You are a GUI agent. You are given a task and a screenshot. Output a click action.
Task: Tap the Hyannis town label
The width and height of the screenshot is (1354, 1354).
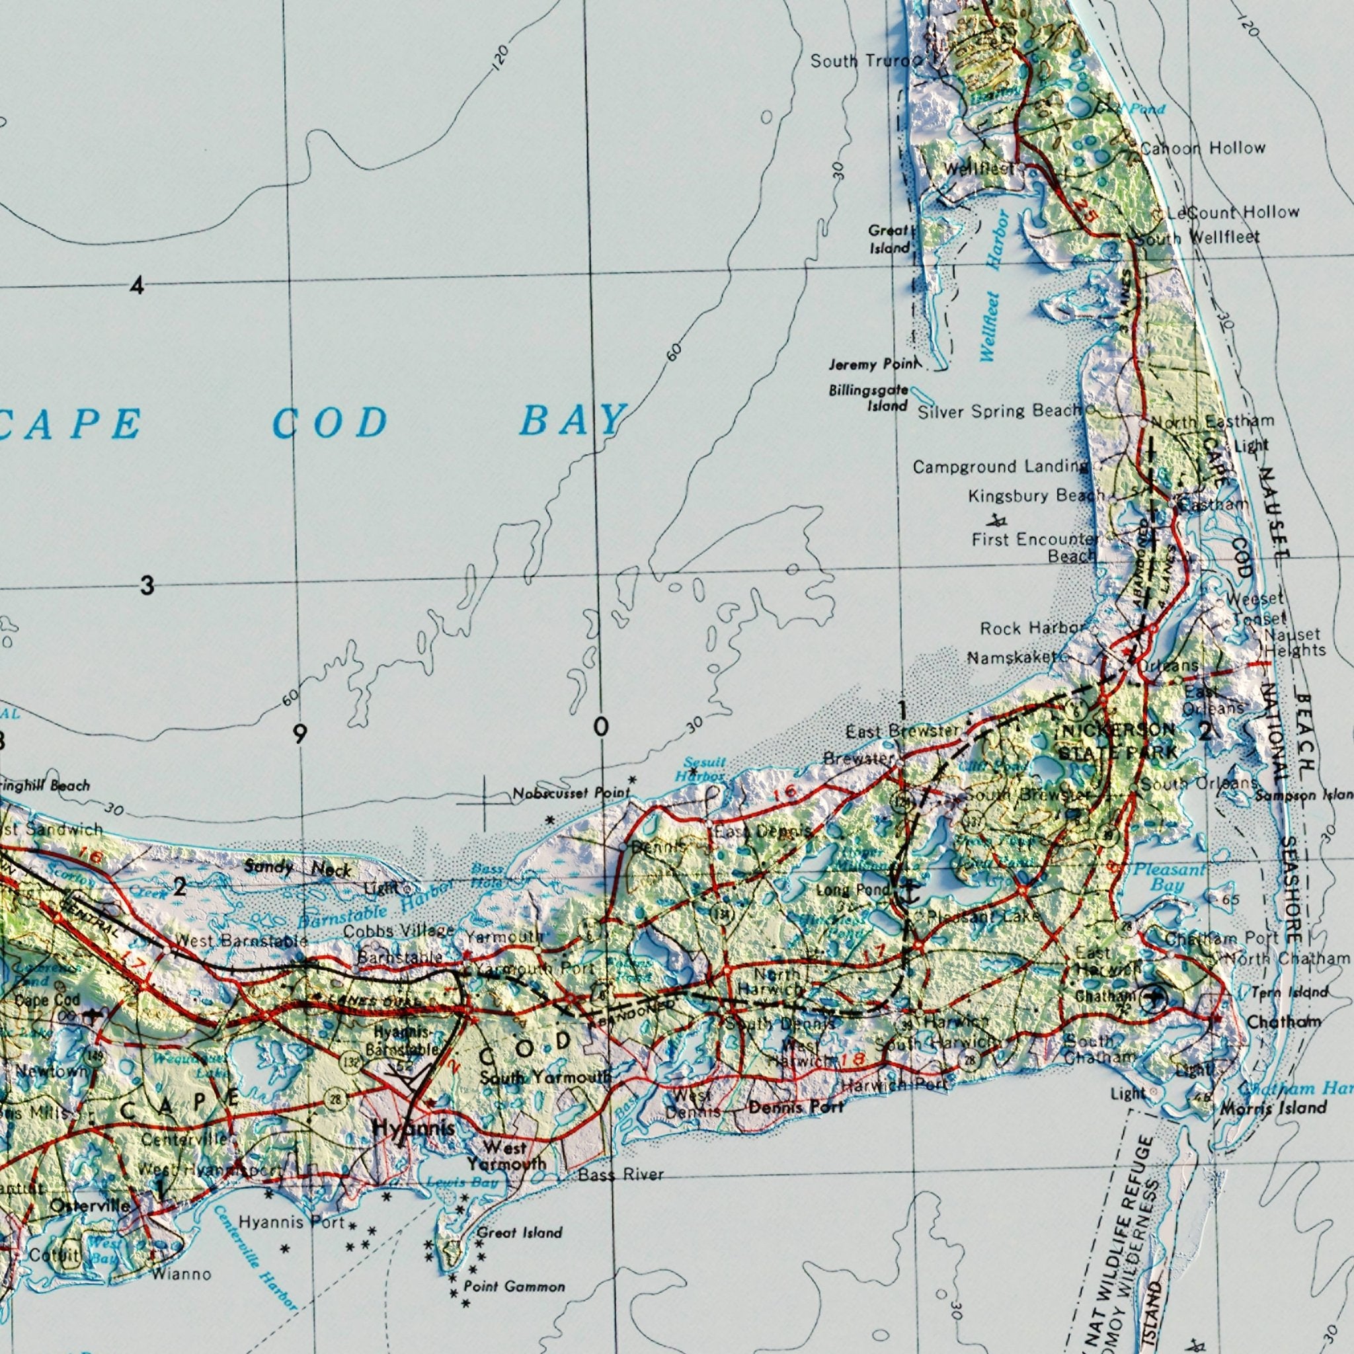click(413, 1129)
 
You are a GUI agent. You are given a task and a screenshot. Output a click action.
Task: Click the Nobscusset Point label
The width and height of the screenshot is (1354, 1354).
click(571, 793)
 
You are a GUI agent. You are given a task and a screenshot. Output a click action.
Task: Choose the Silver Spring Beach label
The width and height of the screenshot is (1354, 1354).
click(1000, 411)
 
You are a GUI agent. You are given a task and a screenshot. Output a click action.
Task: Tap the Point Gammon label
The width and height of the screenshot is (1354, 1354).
click(514, 1287)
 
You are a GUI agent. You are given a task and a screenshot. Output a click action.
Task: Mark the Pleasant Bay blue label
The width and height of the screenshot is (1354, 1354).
click(1169, 877)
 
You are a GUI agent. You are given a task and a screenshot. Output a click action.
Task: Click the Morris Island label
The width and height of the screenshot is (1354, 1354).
click(1273, 1108)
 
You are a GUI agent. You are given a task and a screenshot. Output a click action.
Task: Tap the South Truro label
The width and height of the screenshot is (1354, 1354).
click(861, 61)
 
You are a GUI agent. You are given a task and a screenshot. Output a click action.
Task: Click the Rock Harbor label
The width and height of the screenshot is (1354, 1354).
click(1032, 629)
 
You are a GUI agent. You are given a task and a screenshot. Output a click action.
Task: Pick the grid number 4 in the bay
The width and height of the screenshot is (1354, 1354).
click(138, 286)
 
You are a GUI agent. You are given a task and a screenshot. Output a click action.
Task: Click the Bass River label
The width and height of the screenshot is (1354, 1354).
click(620, 1175)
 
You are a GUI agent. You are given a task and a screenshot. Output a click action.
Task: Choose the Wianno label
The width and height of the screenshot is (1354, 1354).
click(180, 1274)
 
